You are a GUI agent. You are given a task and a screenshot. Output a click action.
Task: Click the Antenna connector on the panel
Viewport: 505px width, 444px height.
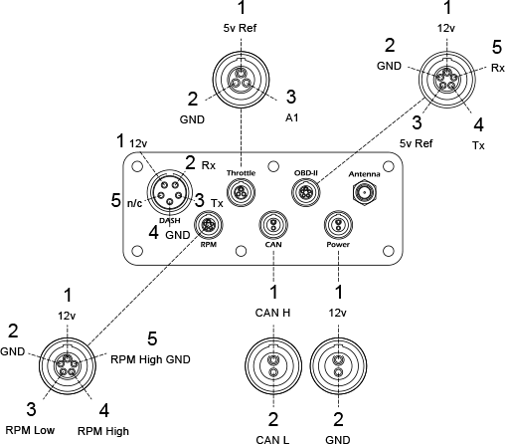click(365, 192)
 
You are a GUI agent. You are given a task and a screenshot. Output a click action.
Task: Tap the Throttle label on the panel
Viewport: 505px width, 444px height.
click(241, 173)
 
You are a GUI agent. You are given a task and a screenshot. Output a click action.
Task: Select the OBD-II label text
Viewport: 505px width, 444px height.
click(306, 173)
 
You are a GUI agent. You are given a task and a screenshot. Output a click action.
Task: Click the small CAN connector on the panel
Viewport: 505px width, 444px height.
click(273, 225)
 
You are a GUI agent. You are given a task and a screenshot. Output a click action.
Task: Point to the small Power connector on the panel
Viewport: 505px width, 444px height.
click(338, 225)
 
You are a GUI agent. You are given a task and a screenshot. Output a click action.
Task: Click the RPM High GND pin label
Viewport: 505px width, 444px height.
click(150, 359)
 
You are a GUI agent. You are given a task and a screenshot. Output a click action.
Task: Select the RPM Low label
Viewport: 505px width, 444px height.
click(30, 430)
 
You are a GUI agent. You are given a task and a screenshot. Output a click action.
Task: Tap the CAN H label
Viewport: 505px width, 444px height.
click(272, 313)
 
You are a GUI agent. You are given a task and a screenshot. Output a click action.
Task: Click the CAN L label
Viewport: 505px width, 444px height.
click(272, 440)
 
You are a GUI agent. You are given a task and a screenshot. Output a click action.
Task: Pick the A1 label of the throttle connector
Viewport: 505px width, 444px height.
click(292, 117)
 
